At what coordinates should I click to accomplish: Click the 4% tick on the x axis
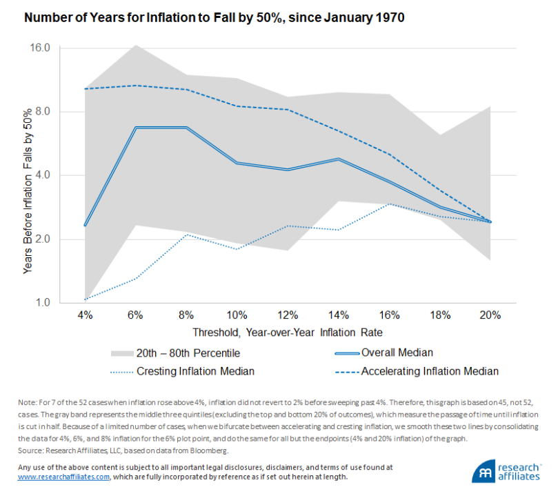85,315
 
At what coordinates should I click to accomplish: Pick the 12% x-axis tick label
287,315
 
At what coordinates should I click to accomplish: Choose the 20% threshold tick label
490,315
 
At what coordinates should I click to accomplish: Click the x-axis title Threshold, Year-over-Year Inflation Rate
288,332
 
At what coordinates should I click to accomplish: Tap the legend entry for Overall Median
397,353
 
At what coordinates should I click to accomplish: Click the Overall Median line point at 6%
136,128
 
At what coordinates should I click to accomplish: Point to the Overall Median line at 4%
85,225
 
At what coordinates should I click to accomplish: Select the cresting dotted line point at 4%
85,299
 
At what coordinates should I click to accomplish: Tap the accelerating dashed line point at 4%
85,89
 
